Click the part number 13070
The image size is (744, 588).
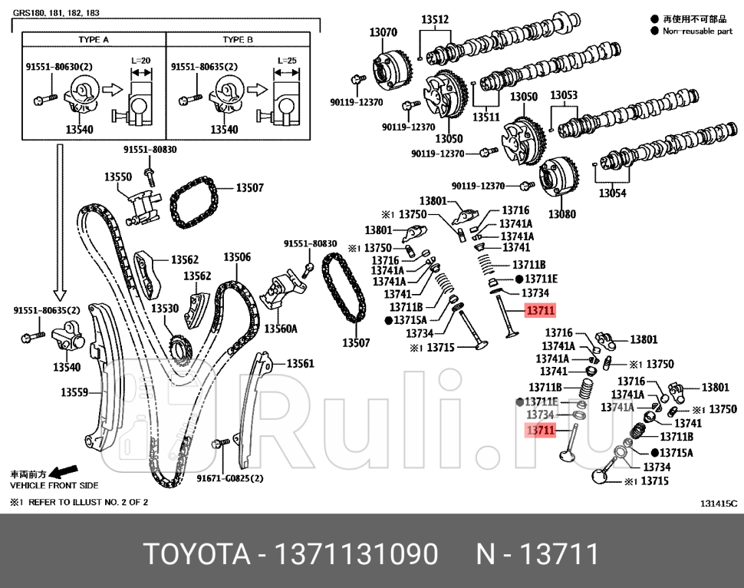[383, 32]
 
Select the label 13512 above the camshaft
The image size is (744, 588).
[435, 20]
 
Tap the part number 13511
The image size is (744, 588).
[486, 117]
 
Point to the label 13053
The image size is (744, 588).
[564, 95]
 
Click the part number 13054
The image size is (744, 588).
[612, 193]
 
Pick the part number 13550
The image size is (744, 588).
[118, 177]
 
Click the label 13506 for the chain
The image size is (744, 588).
[237, 257]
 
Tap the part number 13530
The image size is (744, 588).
[164, 308]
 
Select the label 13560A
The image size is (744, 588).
[281, 329]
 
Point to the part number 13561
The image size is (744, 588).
[300, 363]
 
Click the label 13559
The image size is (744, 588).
[74, 392]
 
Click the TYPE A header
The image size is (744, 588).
[94, 39]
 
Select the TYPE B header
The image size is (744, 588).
[238, 39]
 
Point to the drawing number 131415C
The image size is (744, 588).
[718, 503]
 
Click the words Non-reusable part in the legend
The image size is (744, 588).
[697, 31]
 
